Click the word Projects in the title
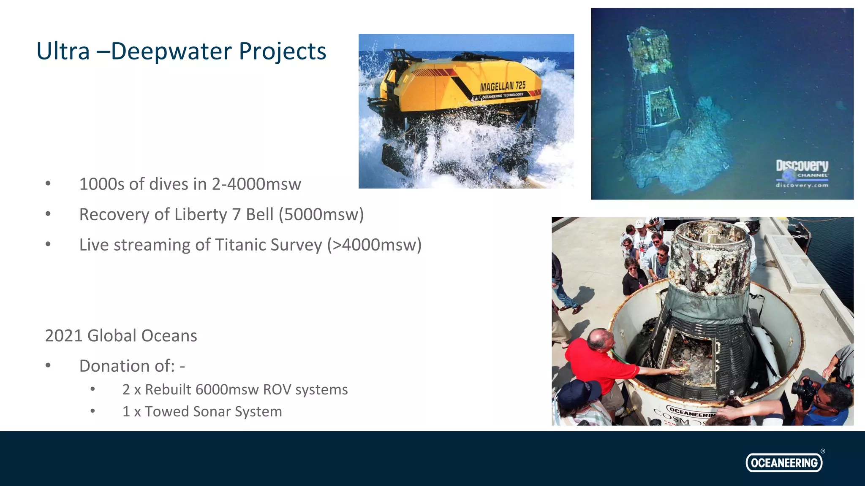[x=282, y=51]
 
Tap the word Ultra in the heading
[x=63, y=51]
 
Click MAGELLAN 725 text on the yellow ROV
[x=502, y=86]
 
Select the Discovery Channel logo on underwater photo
[x=802, y=173]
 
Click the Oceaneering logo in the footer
[x=784, y=462]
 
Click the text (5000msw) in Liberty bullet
[x=321, y=215]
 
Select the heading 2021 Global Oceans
[x=121, y=336]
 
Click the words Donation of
[x=127, y=366]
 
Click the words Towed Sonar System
[x=213, y=412]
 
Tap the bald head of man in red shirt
[x=599, y=339]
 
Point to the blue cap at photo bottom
[x=579, y=392]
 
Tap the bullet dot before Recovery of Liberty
[x=48, y=214]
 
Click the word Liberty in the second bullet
[x=201, y=215]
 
